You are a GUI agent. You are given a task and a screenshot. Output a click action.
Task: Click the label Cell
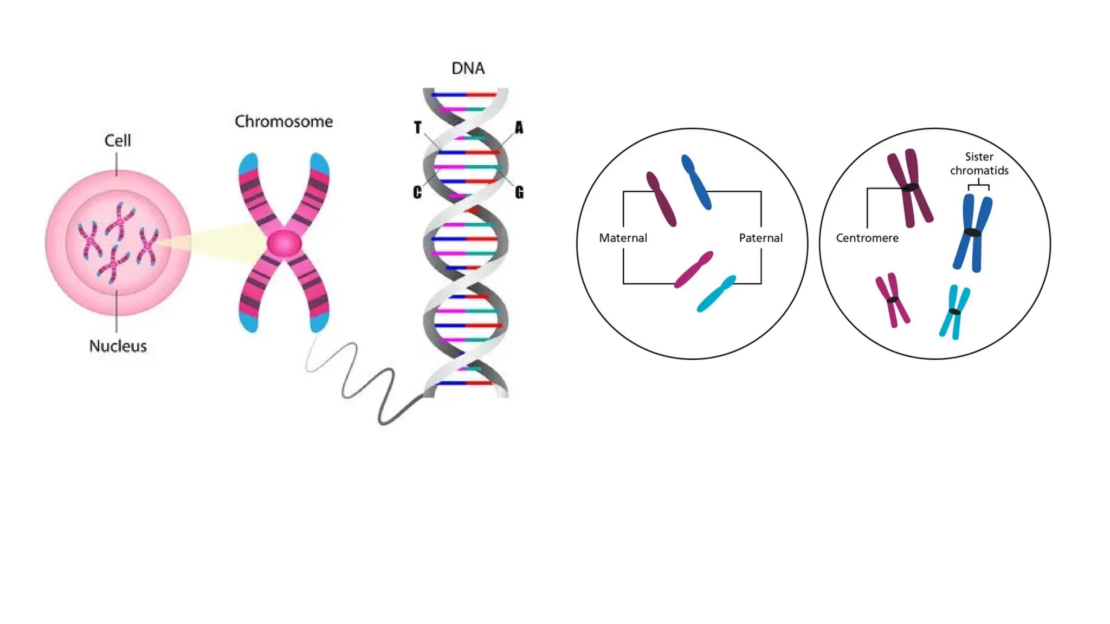[x=118, y=141]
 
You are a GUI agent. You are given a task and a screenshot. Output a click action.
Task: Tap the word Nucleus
[x=118, y=346]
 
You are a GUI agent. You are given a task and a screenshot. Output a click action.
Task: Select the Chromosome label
[x=283, y=121]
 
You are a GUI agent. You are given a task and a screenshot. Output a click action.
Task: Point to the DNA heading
[x=468, y=68]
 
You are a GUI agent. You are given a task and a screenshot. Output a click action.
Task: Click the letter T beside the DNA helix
[x=417, y=128]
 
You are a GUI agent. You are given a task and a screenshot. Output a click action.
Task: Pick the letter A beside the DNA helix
[x=519, y=128]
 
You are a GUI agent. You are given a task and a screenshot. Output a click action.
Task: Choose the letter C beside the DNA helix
[x=417, y=192]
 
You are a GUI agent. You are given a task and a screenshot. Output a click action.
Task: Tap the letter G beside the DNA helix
[x=519, y=192]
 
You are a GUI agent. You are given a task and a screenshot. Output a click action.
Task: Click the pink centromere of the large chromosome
[x=283, y=243]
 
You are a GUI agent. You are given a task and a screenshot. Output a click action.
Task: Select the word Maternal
[x=623, y=238]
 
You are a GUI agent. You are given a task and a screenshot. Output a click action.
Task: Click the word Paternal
[x=760, y=238]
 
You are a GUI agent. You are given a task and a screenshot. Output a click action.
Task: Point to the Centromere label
[x=867, y=238]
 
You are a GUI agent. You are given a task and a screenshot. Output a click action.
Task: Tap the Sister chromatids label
[x=979, y=164]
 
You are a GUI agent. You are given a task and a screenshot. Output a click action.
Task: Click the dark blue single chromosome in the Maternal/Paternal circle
[x=696, y=182]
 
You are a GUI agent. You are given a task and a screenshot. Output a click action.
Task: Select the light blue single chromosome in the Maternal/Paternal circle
[x=715, y=294]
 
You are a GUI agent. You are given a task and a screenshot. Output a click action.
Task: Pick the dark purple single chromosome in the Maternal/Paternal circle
[x=661, y=199]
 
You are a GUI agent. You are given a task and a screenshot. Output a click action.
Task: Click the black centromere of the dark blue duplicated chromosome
[x=973, y=233]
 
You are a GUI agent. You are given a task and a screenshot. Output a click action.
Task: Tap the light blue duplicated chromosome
[x=954, y=312]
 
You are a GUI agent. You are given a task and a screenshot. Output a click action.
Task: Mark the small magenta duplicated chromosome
[x=893, y=300]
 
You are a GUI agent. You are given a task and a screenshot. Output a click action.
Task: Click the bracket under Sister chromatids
[x=979, y=186]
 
